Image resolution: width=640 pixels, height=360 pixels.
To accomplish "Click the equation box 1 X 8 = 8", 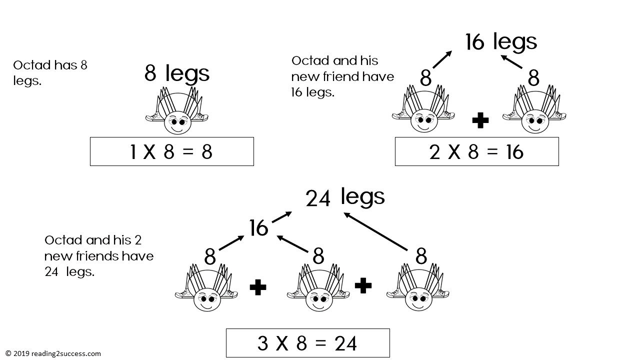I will [x=171, y=151].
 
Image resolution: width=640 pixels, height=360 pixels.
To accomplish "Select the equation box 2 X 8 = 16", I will [x=476, y=151].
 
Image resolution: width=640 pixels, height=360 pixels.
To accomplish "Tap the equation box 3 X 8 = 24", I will [x=307, y=343].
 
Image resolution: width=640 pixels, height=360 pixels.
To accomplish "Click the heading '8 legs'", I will [x=177, y=73].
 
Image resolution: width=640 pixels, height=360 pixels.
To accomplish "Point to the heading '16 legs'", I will [x=501, y=42].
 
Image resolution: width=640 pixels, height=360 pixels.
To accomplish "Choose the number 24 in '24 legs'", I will [x=318, y=198].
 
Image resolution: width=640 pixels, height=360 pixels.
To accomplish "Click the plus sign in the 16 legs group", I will [x=480, y=120].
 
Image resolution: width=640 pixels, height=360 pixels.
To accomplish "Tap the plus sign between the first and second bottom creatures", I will [x=257, y=287].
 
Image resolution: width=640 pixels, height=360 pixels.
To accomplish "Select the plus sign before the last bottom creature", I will [x=363, y=285].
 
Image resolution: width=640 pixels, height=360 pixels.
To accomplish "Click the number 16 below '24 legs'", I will [x=258, y=228].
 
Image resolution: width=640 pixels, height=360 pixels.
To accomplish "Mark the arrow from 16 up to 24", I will [x=282, y=217].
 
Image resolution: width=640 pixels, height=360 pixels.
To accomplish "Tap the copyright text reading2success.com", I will [x=53, y=353].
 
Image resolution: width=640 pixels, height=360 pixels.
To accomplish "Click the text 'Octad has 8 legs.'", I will [x=50, y=72].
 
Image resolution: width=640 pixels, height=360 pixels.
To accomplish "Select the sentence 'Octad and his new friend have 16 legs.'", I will [x=342, y=76].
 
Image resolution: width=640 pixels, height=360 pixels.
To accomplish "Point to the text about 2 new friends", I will [x=98, y=256].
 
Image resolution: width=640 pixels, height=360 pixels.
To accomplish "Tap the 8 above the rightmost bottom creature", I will [x=421, y=256].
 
